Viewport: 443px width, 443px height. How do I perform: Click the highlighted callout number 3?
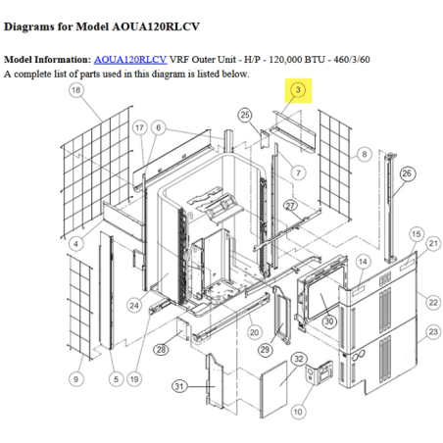298,90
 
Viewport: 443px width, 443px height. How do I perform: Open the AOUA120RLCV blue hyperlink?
130,60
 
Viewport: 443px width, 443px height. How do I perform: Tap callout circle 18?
76,90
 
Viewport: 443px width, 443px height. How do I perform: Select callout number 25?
245,115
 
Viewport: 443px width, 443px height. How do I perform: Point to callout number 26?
407,173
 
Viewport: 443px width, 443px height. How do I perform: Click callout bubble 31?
179,386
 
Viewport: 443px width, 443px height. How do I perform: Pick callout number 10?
298,412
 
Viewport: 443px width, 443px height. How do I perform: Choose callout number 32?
299,359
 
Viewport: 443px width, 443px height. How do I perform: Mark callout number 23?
433,332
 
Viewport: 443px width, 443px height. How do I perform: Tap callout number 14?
363,262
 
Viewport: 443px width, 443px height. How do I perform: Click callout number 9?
76,379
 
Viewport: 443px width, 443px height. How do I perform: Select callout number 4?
76,244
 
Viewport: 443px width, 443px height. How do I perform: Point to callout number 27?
290,206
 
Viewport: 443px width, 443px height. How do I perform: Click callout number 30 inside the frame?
329,321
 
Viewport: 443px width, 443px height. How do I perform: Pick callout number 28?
161,350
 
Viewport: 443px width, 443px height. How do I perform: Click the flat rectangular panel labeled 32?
273,390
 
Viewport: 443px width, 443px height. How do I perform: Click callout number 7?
298,172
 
